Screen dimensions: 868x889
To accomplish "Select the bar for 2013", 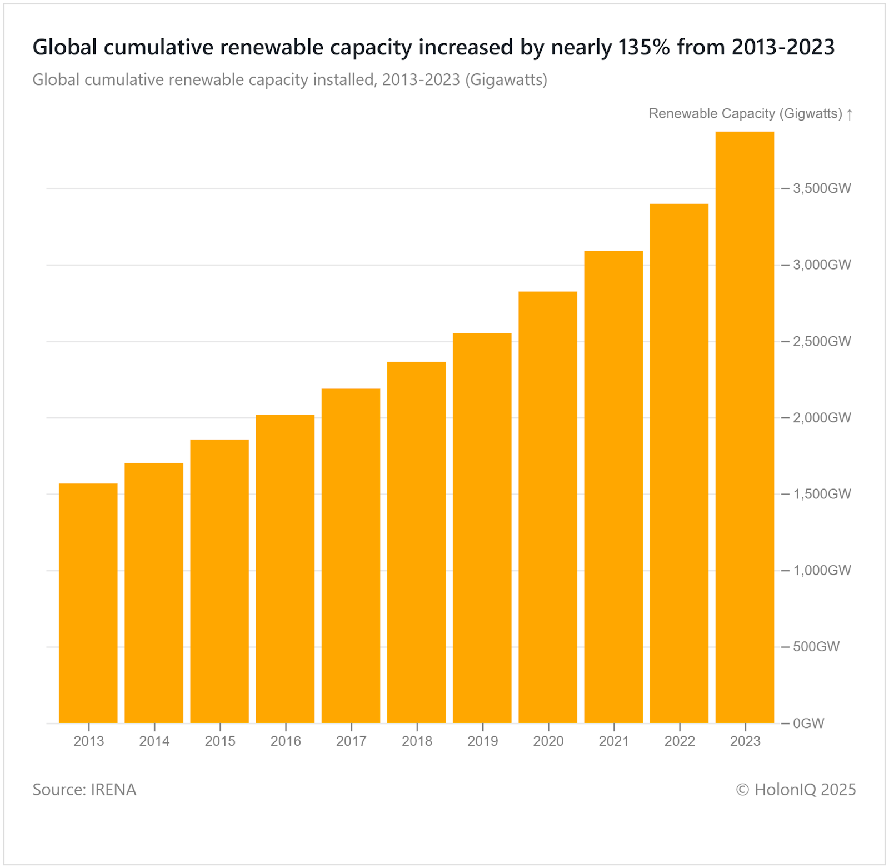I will pos(88,603).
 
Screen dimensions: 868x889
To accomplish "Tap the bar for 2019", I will pos(482,528).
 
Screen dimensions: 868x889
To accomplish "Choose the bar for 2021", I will pos(613,487).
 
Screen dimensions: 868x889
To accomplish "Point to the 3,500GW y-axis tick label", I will pos(822,188).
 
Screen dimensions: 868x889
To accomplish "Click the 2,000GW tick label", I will pos(822,418).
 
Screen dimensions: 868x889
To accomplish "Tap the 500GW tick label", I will pos(816,647).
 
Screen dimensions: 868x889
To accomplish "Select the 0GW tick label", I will pos(808,724).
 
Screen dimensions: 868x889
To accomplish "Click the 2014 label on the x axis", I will pos(154,741).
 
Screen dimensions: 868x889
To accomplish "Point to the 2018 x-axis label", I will pos(417,741).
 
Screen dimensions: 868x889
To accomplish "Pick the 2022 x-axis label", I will pos(680,741).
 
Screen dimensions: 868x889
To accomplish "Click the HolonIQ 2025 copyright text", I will pos(796,790).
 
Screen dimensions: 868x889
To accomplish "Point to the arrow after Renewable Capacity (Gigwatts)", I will pos(850,114).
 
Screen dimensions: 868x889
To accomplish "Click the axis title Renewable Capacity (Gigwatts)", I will pos(745,114).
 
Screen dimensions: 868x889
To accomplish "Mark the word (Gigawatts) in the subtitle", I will pos(506,80).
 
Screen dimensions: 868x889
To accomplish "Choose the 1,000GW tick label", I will pos(822,571).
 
